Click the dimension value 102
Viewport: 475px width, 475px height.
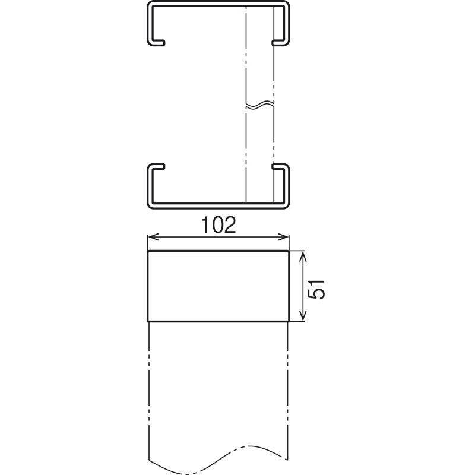pos(218,225)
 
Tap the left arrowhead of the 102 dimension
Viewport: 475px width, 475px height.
pos(153,236)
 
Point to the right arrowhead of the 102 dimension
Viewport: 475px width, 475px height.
pos(284,236)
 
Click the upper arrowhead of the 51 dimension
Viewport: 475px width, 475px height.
pos(303,256)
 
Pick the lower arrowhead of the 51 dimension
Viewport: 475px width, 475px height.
pos(303,315)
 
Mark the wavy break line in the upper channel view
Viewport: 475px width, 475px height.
pos(260,104)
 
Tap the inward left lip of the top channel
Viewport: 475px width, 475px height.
pos(158,42)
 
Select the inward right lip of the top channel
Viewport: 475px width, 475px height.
pos(278,42)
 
